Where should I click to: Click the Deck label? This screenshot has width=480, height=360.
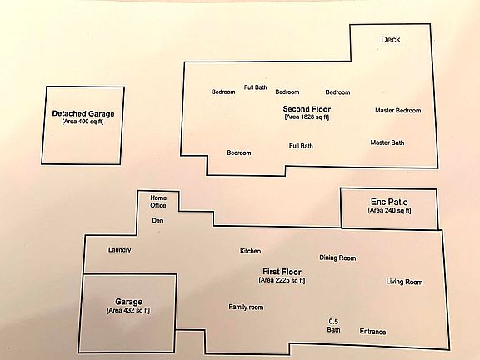point(391,39)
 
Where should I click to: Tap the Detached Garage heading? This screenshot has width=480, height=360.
point(83,114)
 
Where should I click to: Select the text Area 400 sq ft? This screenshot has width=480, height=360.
point(83,122)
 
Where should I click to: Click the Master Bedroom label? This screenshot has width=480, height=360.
point(398,111)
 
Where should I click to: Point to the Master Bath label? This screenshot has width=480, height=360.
point(387,142)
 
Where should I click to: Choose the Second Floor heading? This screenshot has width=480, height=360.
point(307,109)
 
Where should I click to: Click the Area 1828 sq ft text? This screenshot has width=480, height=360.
point(307,117)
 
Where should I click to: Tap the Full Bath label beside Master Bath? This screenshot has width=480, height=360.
point(301,146)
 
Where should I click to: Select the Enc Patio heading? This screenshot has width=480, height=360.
point(389,202)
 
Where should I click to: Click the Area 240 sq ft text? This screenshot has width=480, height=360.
point(390,210)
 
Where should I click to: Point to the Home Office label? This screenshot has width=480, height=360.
point(158,202)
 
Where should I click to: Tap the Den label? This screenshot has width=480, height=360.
point(157,220)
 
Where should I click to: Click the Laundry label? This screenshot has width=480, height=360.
point(119,250)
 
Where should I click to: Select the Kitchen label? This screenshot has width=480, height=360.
point(250,251)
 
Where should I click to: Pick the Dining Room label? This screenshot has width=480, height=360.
point(337,257)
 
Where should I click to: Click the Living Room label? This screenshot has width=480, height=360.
point(404,282)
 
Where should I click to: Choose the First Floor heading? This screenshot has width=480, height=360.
point(282,272)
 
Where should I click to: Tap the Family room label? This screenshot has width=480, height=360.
point(246,307)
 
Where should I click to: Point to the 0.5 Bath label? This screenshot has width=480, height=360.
point(333,326)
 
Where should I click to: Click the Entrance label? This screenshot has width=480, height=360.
point(372,332)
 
